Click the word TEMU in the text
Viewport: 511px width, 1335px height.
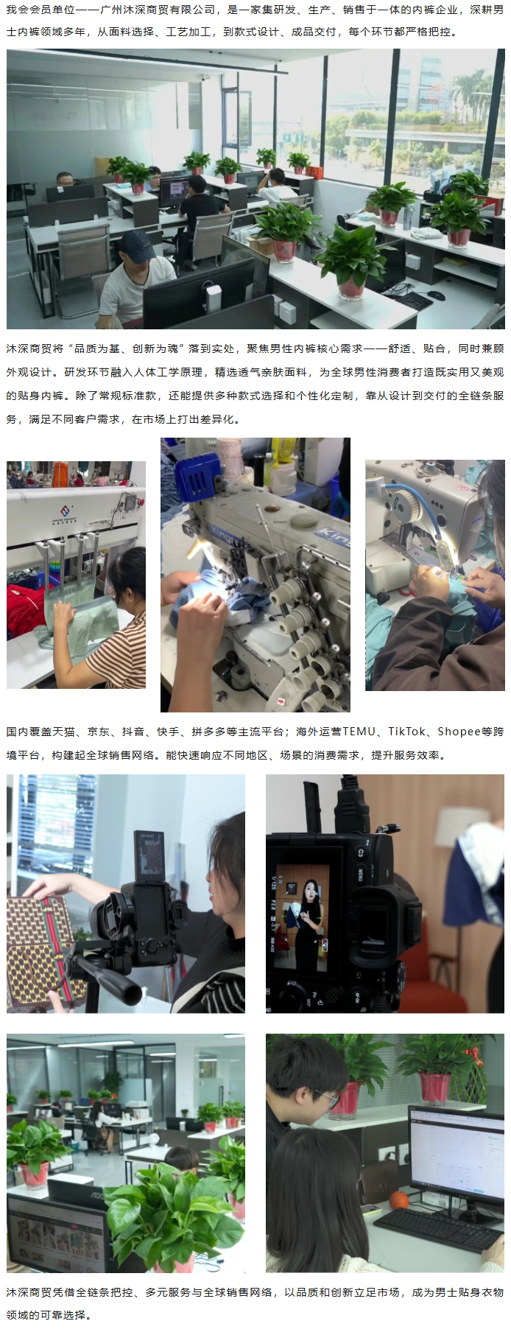359,732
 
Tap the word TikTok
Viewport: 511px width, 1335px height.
407,732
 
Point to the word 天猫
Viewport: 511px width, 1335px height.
64,732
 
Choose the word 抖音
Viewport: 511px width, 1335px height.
133,732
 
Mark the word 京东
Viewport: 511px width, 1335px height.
99,732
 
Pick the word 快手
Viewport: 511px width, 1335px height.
168,732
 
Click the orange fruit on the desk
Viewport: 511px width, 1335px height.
400,1200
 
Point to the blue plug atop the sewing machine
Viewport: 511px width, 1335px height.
198,475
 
